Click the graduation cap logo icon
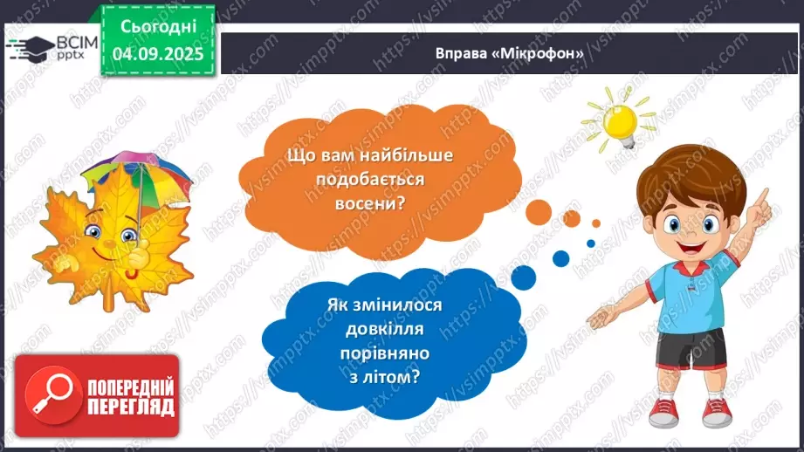[30, 46]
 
